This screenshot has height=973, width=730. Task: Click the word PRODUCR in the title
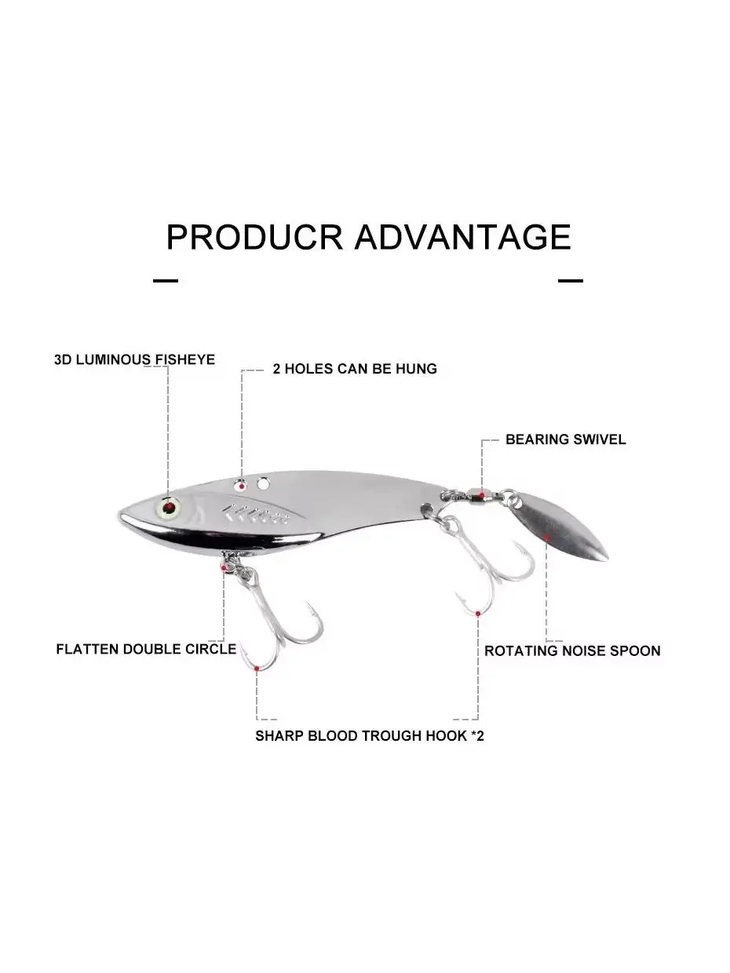[x=254, y=237]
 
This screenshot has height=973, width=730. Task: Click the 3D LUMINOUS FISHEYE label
[x=134, y=359]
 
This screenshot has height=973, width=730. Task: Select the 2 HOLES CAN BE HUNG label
[x=355, y=369]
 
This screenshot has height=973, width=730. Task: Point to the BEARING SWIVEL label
[x=566, y=439]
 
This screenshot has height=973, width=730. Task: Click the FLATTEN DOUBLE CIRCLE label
[x=146, y=649]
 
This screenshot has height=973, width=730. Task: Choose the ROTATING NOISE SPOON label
[x=572, y=650]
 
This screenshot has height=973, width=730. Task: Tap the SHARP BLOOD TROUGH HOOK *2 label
[x=369, y=735]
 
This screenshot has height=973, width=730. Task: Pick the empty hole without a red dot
[x=263, y=483]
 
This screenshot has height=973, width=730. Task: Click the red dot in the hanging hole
[x=242, y=486]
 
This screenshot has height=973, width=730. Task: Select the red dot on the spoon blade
[x=547, y=538]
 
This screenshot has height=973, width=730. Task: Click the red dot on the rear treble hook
[x=478, y=614]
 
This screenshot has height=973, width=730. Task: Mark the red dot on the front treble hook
[x=257, y=668]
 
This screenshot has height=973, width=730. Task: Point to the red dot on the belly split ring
[x=224, y=568]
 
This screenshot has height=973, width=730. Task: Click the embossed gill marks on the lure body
[x=256, y=514]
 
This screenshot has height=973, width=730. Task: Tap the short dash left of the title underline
[x=166, y=281]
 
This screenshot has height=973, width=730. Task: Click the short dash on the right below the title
[x=571, y=281]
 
